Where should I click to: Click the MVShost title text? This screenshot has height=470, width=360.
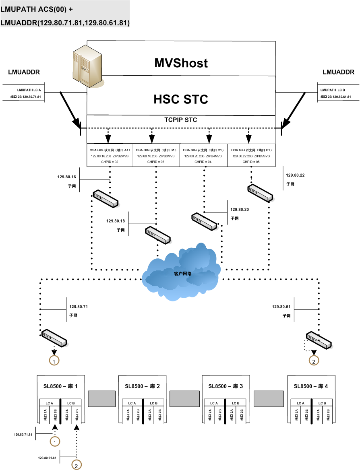coord(181,63)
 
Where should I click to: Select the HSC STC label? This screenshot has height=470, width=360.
coord(181,99)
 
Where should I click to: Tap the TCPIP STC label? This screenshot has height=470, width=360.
coord(180,120)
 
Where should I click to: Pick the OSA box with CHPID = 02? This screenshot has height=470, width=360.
coord(110,155)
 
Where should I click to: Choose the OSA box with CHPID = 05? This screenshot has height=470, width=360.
coord(251,155)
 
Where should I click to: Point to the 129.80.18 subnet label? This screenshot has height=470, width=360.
coord(116,221)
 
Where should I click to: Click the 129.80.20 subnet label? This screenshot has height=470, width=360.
coord(240,209)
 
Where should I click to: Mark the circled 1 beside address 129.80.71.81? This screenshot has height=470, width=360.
coord(54,441)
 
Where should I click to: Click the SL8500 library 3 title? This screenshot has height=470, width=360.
coord(226,386)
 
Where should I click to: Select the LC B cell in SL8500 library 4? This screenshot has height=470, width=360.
coord(322,403)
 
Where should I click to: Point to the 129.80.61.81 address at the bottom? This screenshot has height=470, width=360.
coord(47,458)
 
